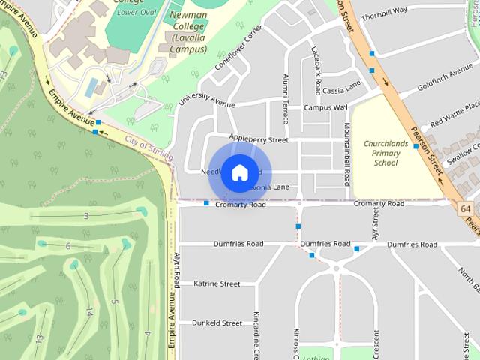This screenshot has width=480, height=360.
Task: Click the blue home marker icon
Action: click(239, 173)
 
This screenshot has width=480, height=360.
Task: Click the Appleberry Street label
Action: click(259, 139)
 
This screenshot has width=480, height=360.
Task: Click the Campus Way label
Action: click(325, 107)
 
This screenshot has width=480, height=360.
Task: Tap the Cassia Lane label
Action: click(341, 90)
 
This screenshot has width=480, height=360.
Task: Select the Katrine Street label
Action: click(217, 283)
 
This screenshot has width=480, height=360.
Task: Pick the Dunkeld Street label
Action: click(217, 323)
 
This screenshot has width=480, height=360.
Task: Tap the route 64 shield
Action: click(466, 208)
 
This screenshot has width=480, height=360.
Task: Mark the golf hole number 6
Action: click(68, 246)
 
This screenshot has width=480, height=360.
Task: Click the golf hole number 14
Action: click(89, 310)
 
